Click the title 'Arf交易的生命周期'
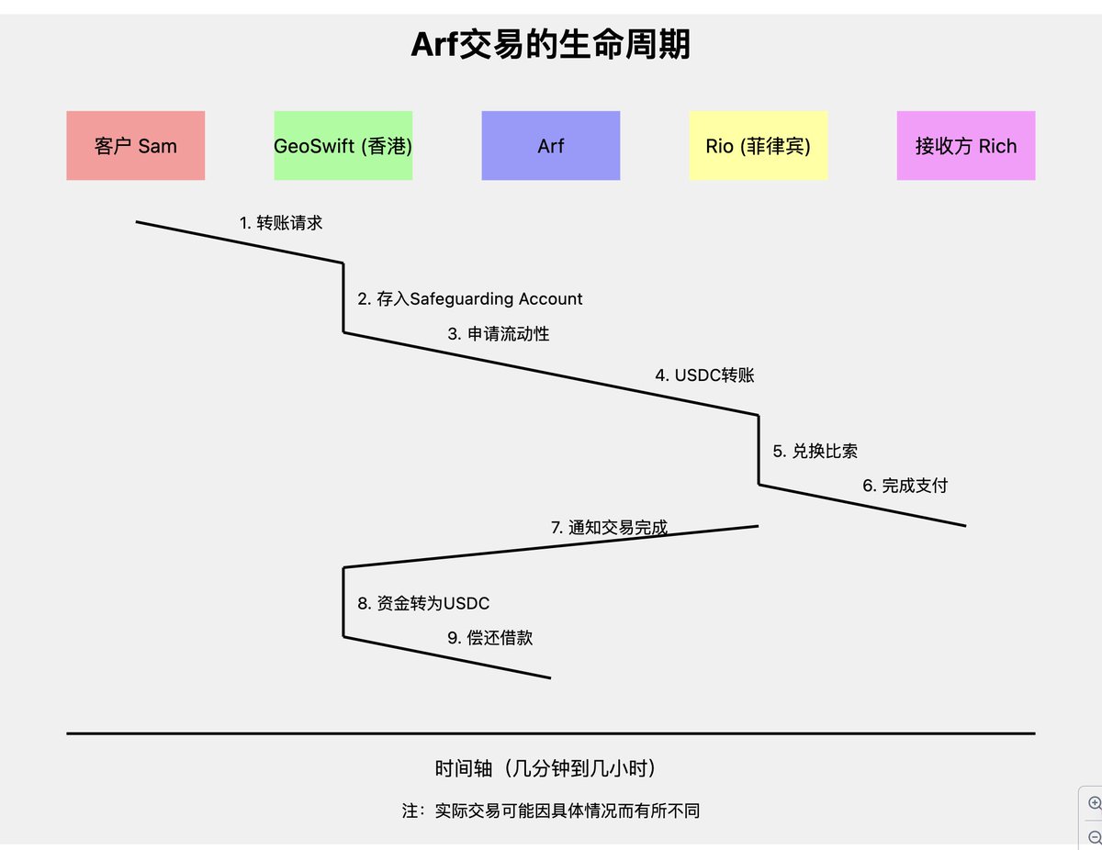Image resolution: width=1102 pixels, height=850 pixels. coord(550,44)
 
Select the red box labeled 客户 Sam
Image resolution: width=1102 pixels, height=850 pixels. coord(136,146)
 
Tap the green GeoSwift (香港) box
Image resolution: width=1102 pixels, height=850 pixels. coord(343,146)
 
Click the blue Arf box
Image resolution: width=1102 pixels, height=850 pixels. coord(551,146)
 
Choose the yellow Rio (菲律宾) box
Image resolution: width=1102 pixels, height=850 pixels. coord(758,146)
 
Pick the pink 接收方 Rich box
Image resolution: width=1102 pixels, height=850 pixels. coord(966,146)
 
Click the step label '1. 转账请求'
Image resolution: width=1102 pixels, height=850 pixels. coord(281,223)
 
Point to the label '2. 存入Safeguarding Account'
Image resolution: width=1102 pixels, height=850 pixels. coord(470,299)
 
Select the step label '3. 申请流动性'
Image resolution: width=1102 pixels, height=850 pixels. coord(499,334)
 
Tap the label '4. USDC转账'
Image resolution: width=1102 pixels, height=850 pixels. coord(704,375)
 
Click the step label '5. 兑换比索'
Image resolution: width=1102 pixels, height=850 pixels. coord(815,452)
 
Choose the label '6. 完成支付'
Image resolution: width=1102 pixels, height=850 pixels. coord(905,487)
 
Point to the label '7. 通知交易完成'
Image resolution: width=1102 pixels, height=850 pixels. coord(609,528)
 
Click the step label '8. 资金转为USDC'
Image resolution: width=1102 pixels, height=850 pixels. coord(423,604)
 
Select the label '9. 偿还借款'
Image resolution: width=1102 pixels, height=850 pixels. coord(489,639)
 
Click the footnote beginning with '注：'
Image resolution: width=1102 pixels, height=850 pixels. coord(550,811)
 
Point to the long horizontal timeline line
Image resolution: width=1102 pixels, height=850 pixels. coord(551,733)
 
